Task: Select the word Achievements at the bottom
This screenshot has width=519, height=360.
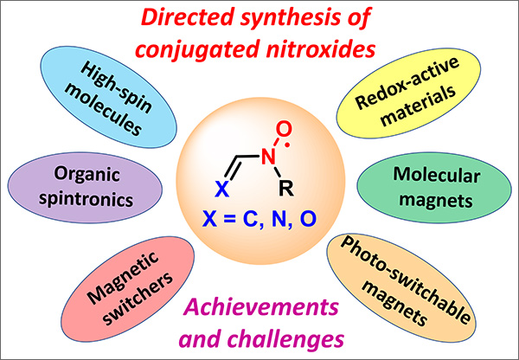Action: pyautogui.click(x=260, y=306)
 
